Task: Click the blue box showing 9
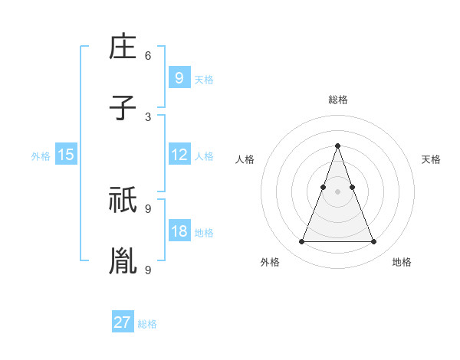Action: (179, 77)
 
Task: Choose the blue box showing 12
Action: (179, 155)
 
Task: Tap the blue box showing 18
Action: (179, 231)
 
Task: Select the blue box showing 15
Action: (66, 155)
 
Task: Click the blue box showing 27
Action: (123, 322)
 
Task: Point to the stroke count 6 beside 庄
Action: (148, 56)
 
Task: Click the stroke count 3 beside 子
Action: (148, 116)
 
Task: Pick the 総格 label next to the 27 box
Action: (147, 324)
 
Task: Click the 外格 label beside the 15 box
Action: (41, 156)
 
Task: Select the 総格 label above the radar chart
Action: (338, 100)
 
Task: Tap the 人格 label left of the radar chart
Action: (245, 159)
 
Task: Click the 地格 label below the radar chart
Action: (402, 262)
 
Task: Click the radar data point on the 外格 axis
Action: (301, 242)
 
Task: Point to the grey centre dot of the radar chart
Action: (337, 192)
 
